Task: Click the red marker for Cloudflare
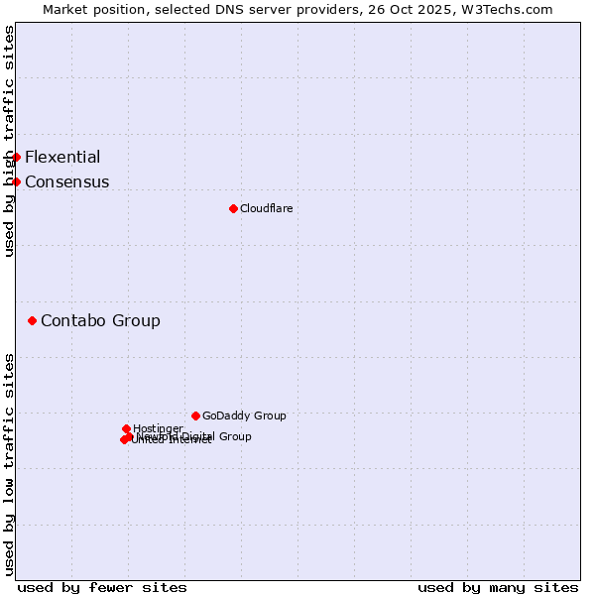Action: tap(233, 208)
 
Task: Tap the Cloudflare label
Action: tap(266, 208)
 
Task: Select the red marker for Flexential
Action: tap(16, 157)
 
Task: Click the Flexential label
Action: tap(62, 157)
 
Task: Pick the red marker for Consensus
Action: tap(16, 181)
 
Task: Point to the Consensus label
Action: tap(67, 181)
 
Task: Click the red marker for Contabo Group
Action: tap(33, 320)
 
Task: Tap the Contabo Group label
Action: tap(100, 320)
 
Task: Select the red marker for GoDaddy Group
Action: tap(195, 416)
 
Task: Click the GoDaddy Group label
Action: tap(244, 416)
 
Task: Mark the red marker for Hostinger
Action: tap(126, 428)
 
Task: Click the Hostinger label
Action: tap(158, 428)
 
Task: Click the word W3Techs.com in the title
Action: tap(511, 9)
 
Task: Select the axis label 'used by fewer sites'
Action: tap(102, 587)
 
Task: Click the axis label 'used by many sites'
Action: tap(498, 587)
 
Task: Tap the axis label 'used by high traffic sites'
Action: tap(9, 141)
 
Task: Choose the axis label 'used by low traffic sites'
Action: tap(9, 463)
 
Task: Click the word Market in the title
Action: tap(65, 9)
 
